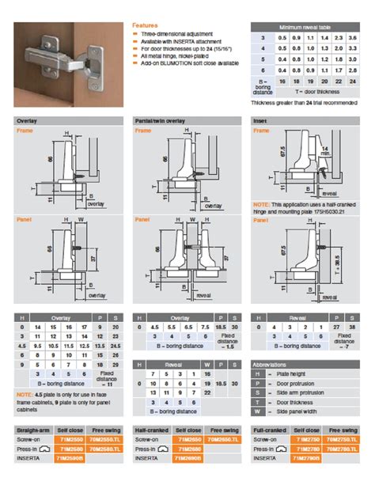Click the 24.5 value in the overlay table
pyautogui.click(x=117, y=347)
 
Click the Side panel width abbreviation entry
pyautogui.click(x=299, y=411)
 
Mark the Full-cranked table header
pyautogui.click(x=270, y=430)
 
